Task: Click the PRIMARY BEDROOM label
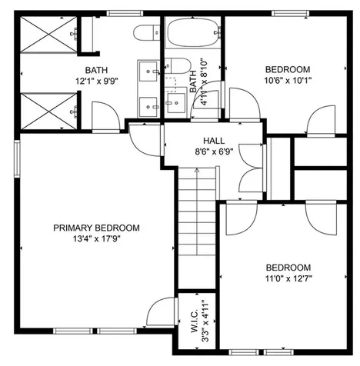coord(96,228)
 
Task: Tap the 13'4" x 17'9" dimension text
coord(96,238)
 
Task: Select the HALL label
coord(214,141)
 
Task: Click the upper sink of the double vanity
coord(148,72)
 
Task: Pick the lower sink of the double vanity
coord(148,104)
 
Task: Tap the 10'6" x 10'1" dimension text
coord(288,79)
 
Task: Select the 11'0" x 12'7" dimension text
coord(288,278)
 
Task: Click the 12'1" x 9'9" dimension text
coord(96,80)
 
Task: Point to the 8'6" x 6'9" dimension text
coord(214,151)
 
